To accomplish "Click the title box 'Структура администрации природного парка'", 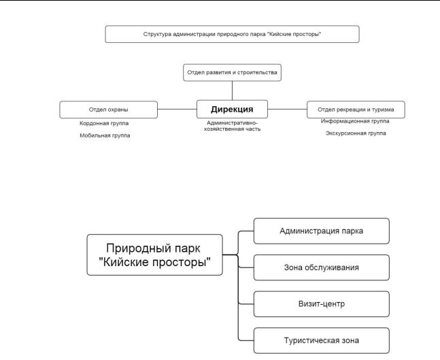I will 232,33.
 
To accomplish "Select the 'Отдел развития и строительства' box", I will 232,72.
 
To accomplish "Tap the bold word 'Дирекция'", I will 232,109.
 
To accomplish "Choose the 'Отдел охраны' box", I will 108,109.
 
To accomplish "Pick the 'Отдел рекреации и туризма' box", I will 356,109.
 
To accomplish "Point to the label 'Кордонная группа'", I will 104,124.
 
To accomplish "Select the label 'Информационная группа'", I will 355,121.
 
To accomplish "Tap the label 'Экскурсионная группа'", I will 355,133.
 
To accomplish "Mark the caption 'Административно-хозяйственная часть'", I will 232,125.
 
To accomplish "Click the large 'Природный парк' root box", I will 155,255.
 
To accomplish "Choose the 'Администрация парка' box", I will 321,231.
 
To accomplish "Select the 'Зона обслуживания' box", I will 321,267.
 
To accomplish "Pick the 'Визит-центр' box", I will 321,304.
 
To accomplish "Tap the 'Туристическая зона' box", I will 321,340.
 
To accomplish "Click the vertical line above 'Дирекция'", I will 232,91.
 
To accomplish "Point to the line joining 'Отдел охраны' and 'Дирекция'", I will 177,109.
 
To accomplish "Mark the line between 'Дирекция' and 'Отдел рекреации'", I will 287,109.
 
